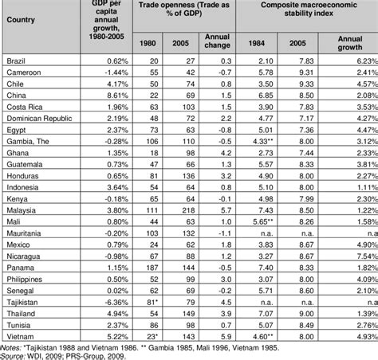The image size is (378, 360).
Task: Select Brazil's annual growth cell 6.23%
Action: (x=354, y=60)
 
